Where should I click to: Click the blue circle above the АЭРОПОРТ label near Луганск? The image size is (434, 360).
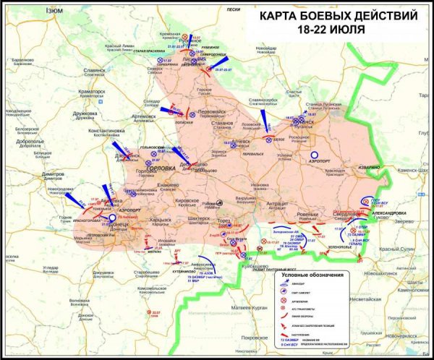[x=314, y=154]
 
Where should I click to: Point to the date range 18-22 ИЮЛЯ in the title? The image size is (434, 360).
[x=331, y=30]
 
